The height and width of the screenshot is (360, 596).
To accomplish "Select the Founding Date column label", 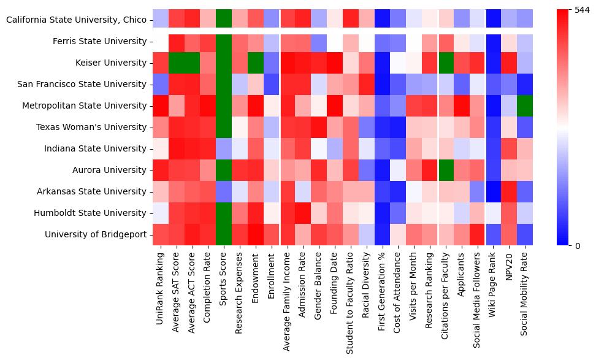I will click(x=336, y=288).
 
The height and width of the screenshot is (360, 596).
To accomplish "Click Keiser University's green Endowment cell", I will click(x=256, y=63).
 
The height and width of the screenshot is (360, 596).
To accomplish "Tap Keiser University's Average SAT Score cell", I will click(x=177, y=63).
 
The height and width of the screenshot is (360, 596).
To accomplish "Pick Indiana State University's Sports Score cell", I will click(x=224, y=148).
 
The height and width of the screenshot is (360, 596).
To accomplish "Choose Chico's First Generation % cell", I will click(x=382, y=20).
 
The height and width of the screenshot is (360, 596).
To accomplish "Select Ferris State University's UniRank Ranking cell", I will click(x=161, y=41).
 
